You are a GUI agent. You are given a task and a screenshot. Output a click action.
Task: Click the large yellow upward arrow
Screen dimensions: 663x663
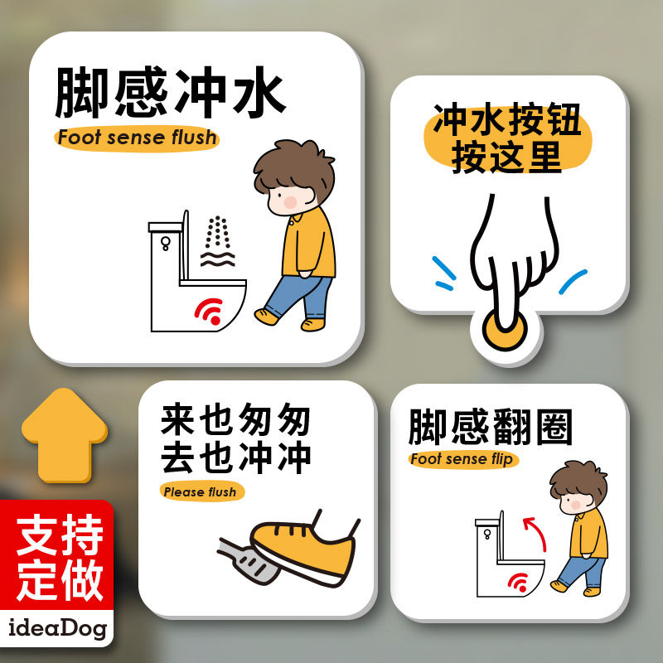click(65, 436)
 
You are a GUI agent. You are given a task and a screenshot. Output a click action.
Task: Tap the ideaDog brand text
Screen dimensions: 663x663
click(57, 628)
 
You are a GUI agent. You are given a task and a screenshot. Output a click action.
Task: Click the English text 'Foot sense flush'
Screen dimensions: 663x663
click(137, 138)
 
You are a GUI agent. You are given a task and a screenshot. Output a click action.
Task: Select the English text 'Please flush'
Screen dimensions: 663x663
click(201, 491)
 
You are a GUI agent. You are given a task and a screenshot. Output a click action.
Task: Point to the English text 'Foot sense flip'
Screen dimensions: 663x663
click(463, 459)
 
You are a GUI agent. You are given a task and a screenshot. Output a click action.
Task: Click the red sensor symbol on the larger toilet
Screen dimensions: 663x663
click(210, 311)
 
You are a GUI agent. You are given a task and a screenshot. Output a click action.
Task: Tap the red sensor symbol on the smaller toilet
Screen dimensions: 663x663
click(519, 583)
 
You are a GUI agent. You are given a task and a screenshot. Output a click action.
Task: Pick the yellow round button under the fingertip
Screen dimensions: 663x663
click(505, 331)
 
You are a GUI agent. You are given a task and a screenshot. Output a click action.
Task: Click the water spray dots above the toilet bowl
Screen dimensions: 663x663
click(217, 232)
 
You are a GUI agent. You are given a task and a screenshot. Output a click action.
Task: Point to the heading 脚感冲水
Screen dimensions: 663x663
click(172, 92)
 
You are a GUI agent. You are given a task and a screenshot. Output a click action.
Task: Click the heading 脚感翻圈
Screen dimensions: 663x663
click(491, 427)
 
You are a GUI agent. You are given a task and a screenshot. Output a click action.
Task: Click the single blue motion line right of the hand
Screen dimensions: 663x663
click(573, 281)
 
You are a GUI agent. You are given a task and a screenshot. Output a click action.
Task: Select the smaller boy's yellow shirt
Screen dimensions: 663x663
click(588, 534)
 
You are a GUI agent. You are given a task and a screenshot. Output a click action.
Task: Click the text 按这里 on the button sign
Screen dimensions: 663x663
click(506, 157)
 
